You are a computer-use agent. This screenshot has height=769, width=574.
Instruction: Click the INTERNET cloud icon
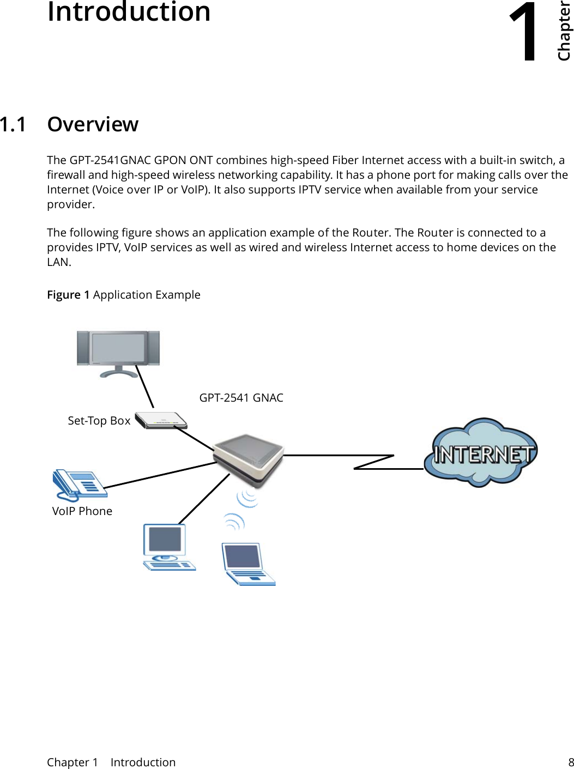[x=481, y=452]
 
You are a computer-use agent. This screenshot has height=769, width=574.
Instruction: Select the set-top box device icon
[x=161, y=420]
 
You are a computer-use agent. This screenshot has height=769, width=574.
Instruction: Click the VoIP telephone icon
[x=80, y=485]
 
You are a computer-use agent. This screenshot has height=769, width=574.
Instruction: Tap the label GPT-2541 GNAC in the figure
[x=241, y=398]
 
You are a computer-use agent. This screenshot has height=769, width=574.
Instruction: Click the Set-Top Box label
[x=99, y=421]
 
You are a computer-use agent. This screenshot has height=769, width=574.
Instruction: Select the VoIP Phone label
[x=82, y=511]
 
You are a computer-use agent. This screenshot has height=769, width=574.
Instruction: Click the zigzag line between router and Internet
[x=373, y=462]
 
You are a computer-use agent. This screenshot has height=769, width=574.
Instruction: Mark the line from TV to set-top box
[x=144, y=386]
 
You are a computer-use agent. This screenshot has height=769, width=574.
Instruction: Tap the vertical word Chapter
[x=564, y=31]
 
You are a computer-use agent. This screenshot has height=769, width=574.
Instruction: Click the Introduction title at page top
[x=129, y=12]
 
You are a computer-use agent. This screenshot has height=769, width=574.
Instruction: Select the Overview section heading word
[x=93, y=124]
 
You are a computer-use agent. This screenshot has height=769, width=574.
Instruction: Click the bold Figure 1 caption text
[x=68, y=295]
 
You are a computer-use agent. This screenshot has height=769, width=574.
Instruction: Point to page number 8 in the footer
[x=571, y=762]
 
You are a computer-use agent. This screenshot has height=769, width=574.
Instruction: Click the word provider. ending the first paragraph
[x=71, y=204]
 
